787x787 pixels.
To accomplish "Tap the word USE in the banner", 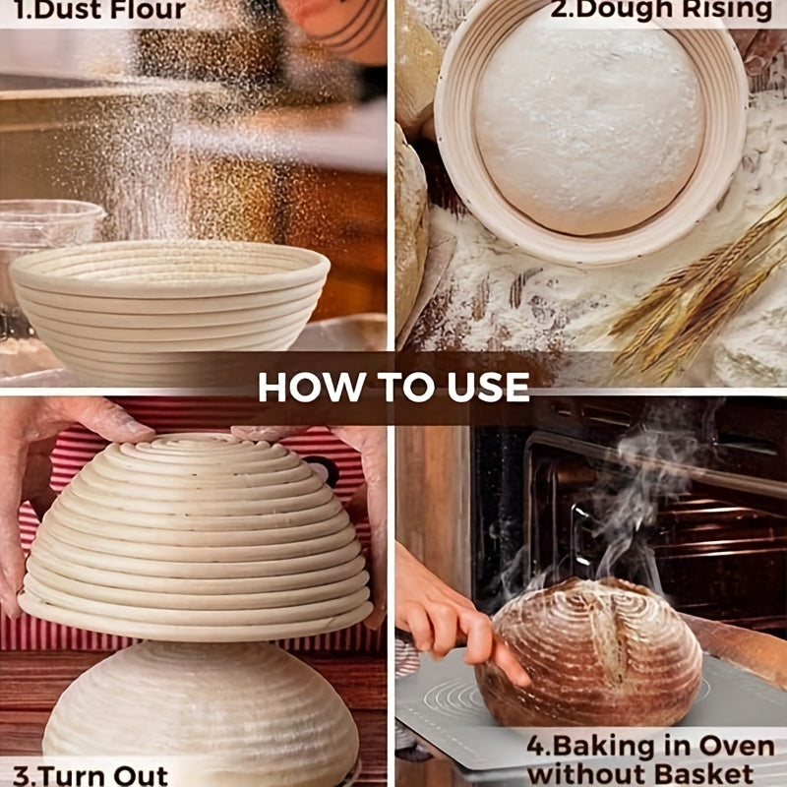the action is [488, 388].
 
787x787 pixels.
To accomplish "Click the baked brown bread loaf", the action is [588, 652].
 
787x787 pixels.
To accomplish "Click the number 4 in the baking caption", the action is [535, 747].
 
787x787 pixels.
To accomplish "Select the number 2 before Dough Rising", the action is [559, 9].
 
